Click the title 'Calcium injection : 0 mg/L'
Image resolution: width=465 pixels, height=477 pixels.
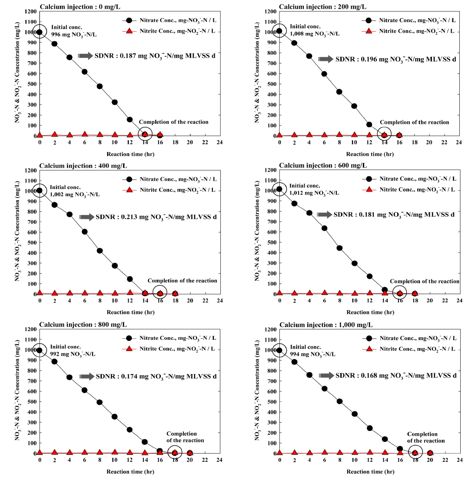77,7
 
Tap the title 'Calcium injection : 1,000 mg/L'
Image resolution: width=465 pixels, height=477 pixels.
320,325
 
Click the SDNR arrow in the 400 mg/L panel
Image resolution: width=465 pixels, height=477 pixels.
86,217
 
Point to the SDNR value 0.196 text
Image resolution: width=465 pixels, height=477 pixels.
395,59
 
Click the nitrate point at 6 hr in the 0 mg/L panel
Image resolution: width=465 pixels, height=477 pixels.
85,72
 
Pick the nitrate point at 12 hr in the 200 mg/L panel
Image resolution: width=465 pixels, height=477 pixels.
369,125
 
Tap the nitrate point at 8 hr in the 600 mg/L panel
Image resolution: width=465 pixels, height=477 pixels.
339,248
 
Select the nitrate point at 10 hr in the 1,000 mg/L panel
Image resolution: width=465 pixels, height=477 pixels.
355,414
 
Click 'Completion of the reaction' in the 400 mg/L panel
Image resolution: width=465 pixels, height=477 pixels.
182,281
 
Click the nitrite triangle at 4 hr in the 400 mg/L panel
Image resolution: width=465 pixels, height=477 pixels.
70,293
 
